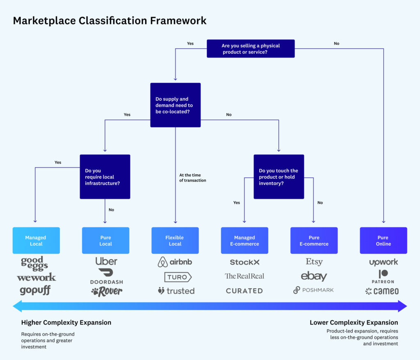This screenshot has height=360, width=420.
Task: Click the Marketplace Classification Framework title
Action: click(110, 21)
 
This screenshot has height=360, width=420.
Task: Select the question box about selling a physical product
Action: click(251, 48)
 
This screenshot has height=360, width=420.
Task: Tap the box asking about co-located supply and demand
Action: click(175, 105)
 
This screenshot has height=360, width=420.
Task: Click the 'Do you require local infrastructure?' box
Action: click(105, 177)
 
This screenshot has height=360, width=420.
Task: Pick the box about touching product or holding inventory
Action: click(279, 177)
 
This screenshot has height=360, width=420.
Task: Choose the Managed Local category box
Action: click(36, 241)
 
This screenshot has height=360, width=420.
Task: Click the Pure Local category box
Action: click(105, 241)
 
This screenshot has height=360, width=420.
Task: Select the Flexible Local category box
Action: click(175, 241)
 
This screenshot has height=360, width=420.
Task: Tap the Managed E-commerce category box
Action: click(244, 241)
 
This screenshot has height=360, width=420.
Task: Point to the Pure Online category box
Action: click(383, 241)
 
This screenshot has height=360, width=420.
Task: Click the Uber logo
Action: click(106, 261)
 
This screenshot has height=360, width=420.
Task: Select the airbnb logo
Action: click(175, 262)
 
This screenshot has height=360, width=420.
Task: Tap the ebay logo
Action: click(314, 276)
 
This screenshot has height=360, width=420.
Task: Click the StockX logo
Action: click(244, 262)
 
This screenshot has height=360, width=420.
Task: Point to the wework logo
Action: click(36, 277)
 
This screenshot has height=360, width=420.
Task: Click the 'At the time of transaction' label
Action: click(192, 178)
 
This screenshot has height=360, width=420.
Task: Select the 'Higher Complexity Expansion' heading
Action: click(66, 322)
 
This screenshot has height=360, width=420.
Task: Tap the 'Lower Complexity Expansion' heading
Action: click(354, 322)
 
